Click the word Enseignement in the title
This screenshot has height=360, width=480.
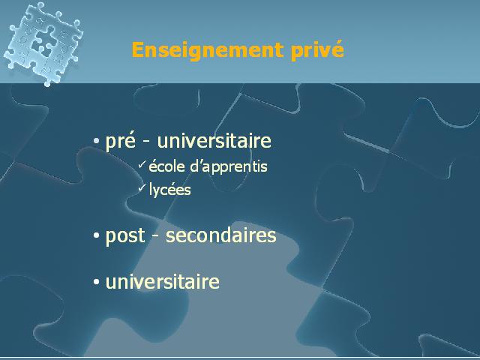point(208,50)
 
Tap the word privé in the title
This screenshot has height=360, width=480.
point(317,50)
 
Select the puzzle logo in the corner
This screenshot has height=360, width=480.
point(43,43)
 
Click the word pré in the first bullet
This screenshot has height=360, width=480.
point(120,142)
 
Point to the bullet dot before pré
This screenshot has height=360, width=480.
point(97,141)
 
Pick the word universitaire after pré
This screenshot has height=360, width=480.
point(214,141)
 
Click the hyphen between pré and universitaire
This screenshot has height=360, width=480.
point(147,142)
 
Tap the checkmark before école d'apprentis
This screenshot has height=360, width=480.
point(142,164)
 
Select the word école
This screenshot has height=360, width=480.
point(166,166)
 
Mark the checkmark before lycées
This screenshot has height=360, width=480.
point(142,187)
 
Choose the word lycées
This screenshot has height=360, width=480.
point(170,190)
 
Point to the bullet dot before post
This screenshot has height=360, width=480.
point(97,235)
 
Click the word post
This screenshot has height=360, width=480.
point(125,236)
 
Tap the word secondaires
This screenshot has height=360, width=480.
point(221,235)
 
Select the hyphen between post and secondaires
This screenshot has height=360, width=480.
point(155,237)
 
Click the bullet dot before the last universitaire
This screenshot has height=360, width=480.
point(97,282)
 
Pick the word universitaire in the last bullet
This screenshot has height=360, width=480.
point(163,281)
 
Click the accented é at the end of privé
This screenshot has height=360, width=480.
point(337,49)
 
